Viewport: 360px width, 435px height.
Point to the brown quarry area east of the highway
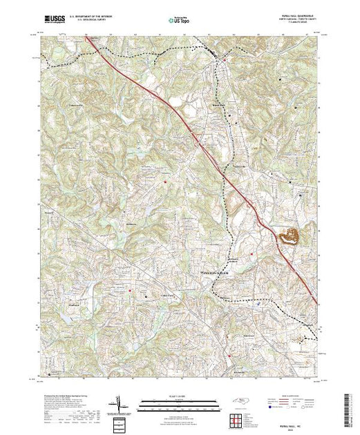(289, 236)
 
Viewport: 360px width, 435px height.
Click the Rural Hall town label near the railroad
(218, 105)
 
